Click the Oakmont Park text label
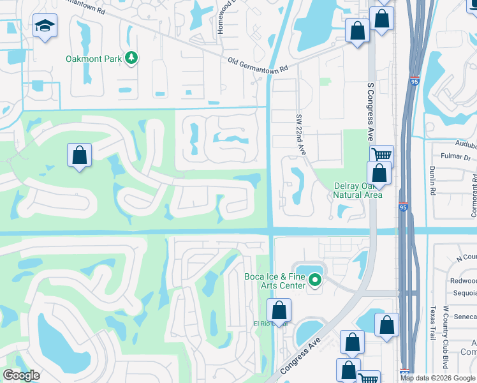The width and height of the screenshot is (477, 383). [93, 59]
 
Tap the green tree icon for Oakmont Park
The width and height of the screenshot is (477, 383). [131, 59]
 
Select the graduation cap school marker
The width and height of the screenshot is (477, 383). [44, 27]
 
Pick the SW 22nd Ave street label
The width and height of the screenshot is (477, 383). [300, 135]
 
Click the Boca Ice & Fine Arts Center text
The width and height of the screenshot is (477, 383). [275, 281]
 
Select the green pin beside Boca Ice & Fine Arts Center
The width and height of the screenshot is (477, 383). [314, 280]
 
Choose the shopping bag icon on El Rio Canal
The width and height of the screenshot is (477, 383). [279, 311]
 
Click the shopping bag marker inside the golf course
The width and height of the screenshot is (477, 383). [79, 155]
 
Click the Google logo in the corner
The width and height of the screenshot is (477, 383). [21, 375]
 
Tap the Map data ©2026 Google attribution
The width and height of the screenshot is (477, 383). [437, 378]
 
